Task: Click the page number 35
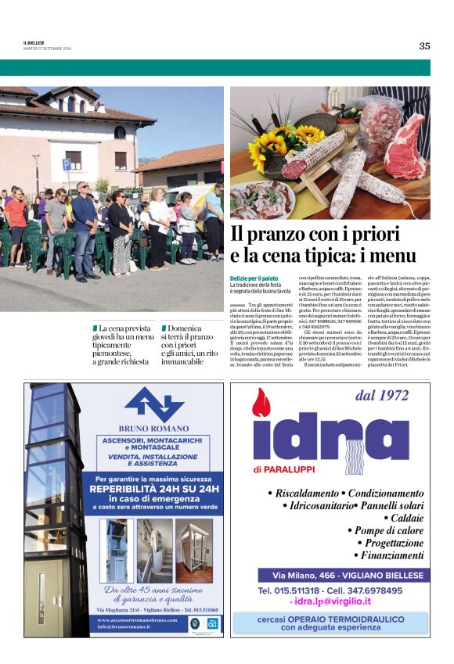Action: (x=423, y=45)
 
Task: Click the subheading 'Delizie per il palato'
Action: (x=254, y=278)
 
